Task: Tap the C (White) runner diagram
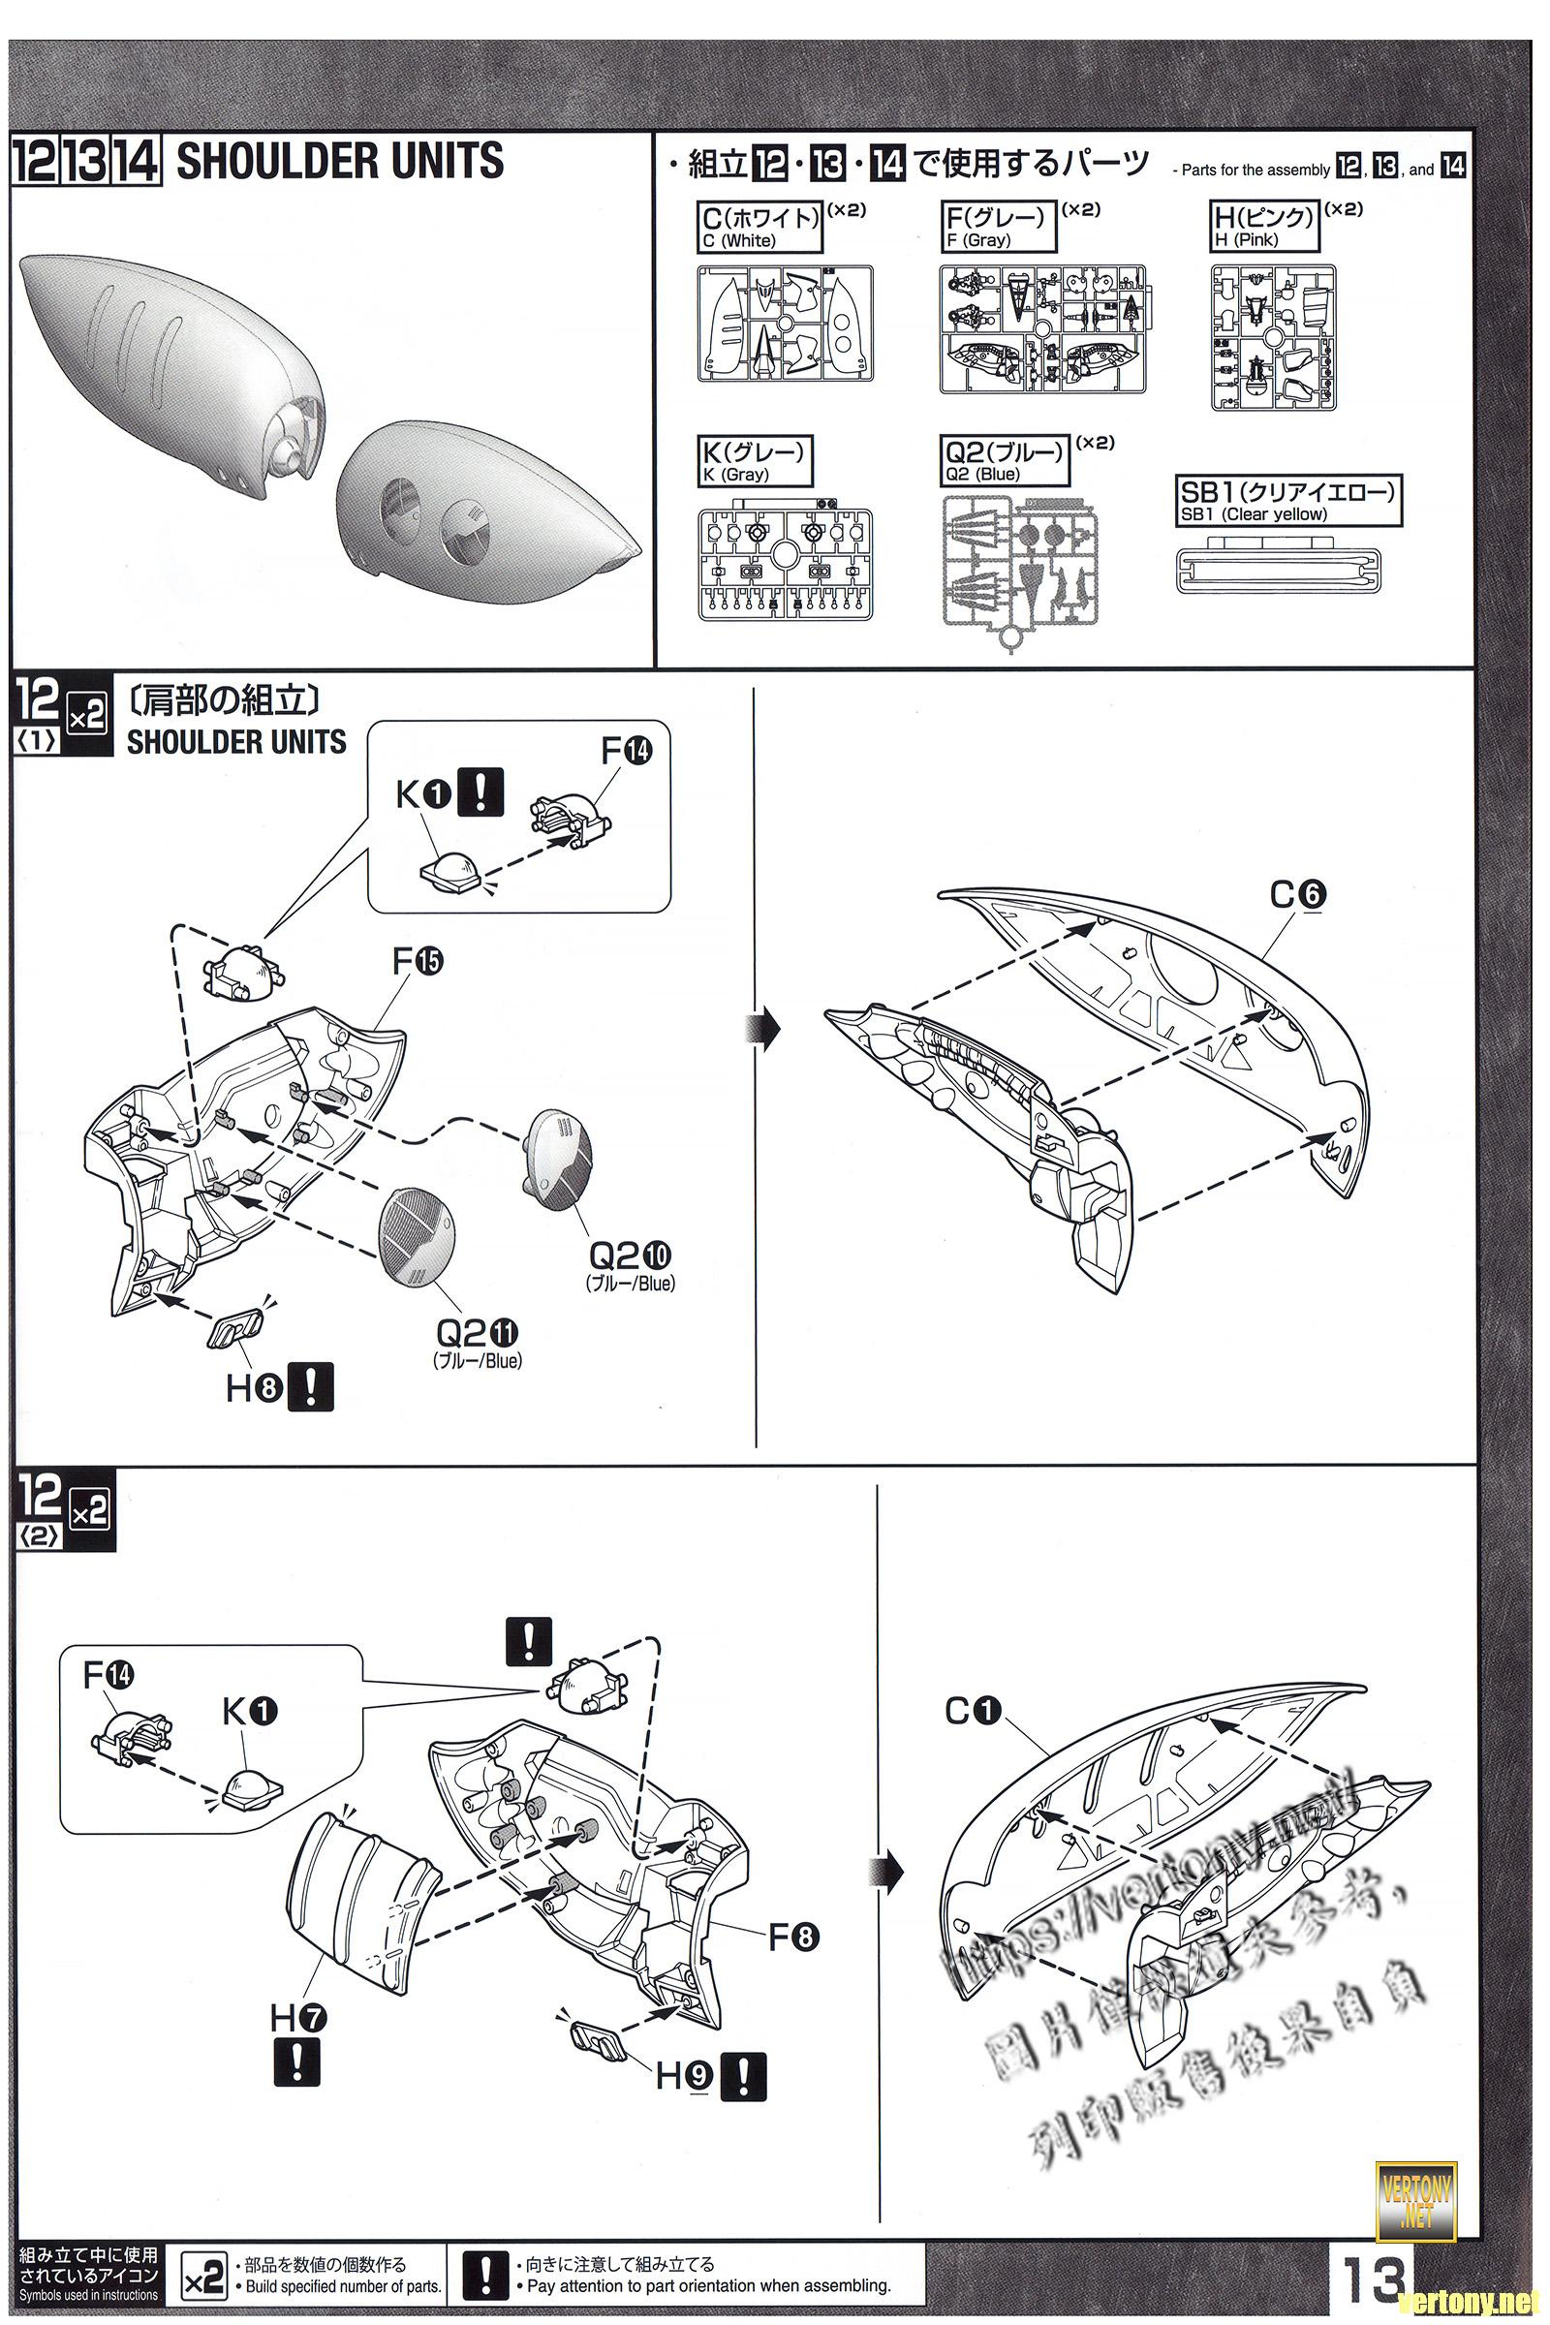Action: click(785, 326)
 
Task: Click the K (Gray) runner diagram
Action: click(785, 565)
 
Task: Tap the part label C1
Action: click(973, 1711)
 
